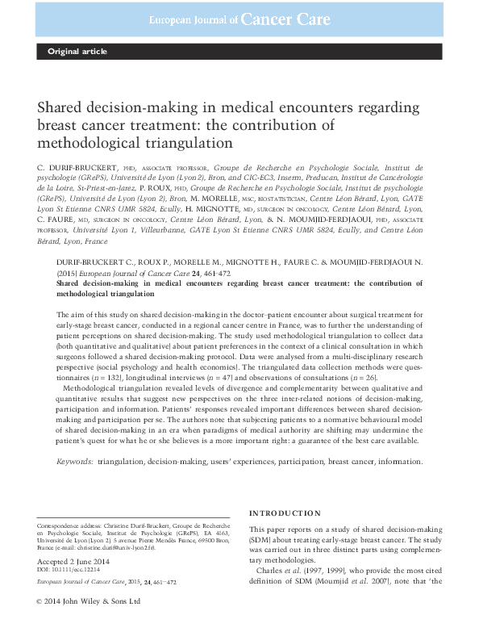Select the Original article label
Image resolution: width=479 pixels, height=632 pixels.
pos(77,52)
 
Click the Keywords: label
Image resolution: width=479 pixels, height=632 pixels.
pos(74,461)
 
